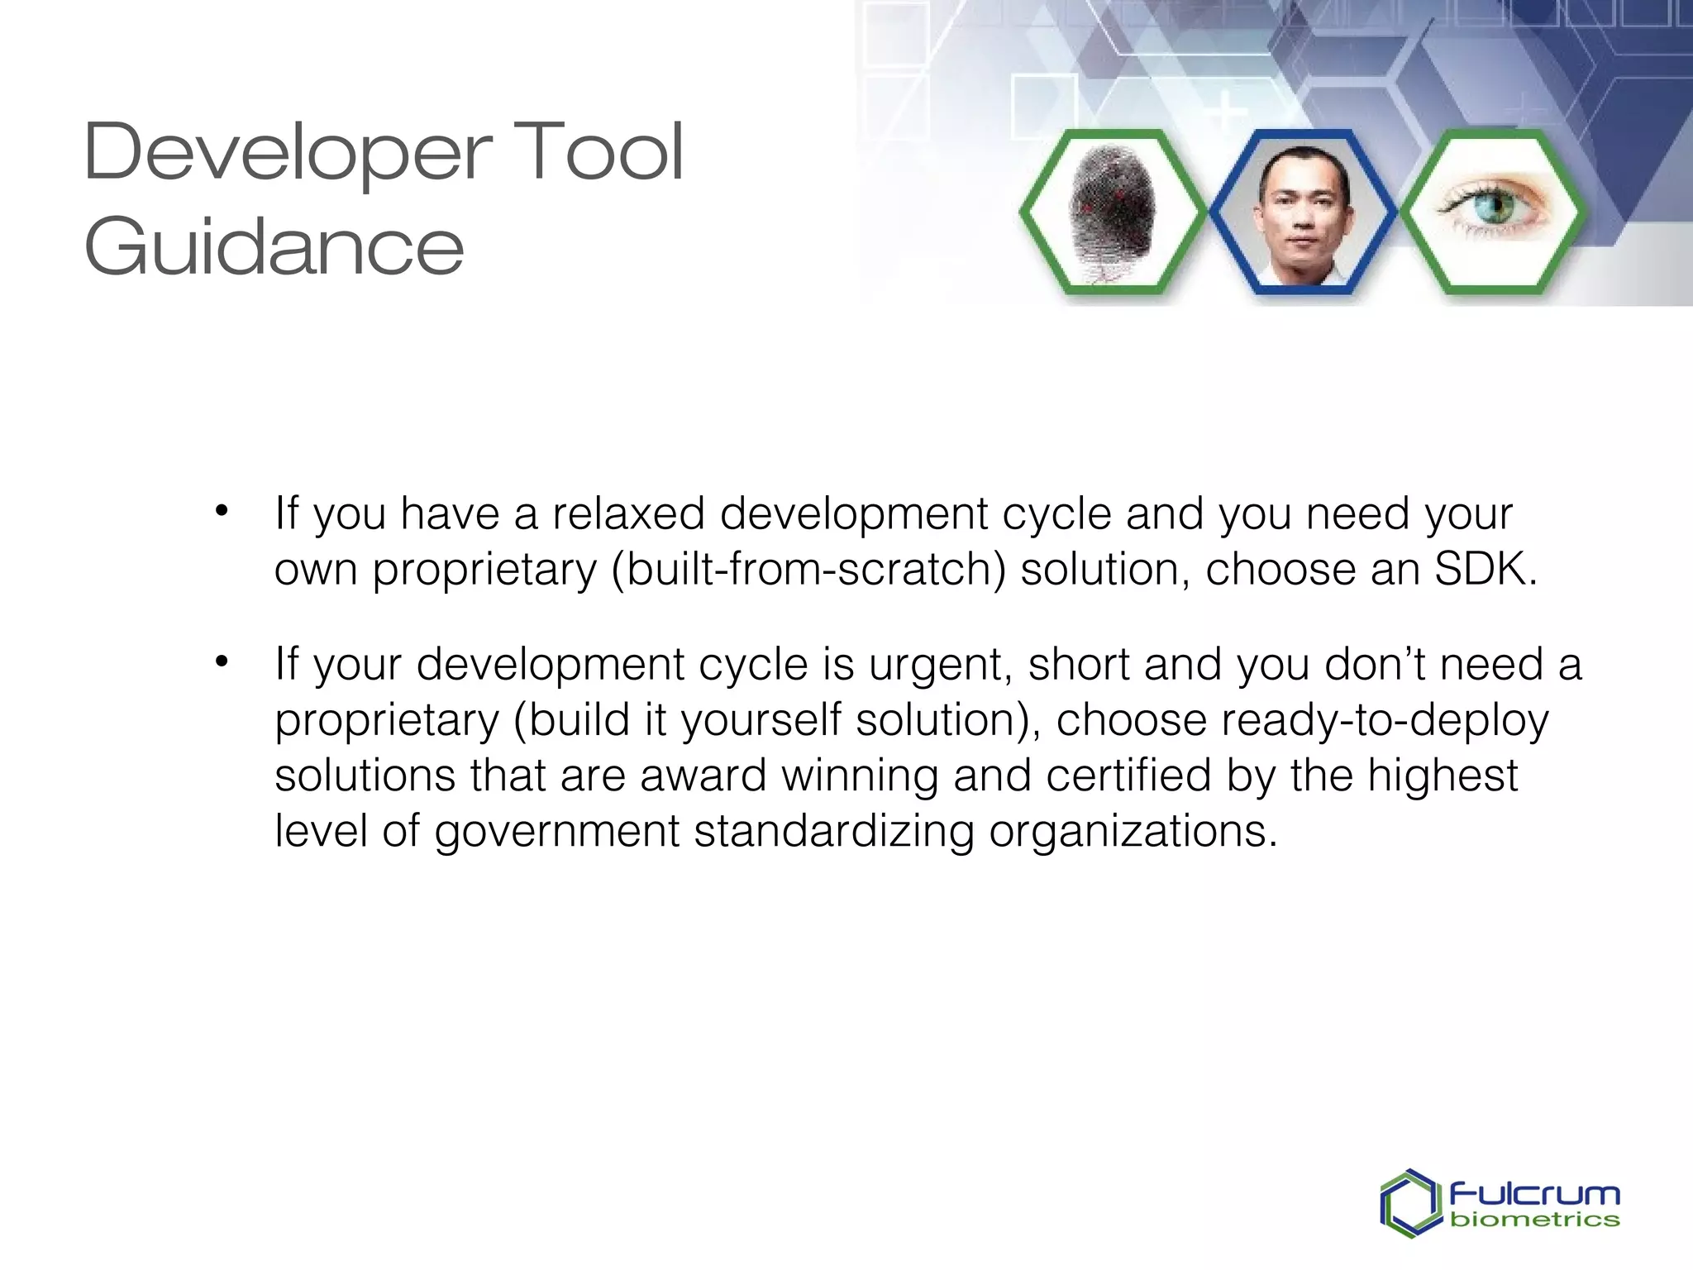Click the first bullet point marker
pos(221,511)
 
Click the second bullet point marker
pos(221,661)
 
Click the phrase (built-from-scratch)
pos(808,570)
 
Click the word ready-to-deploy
pos(1385,720)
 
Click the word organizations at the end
pos(1133,832)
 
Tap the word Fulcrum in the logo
pos(1534,1195)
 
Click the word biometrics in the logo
pos(1534,1220)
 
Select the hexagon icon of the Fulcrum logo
pos(1409,1204)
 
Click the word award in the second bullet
pos(703,776)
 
